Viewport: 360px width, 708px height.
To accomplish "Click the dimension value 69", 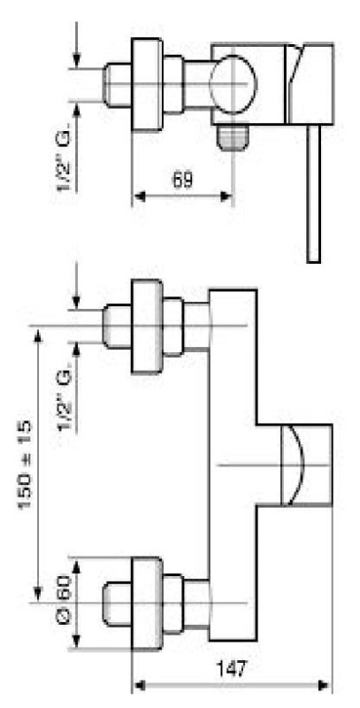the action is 183,181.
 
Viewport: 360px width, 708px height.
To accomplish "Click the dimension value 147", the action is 232,669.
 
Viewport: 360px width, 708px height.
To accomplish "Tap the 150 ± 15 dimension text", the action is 26,466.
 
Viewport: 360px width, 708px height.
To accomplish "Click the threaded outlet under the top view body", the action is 232,138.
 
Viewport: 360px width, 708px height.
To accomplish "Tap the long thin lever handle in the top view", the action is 313,193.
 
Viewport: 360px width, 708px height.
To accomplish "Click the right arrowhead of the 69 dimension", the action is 226,196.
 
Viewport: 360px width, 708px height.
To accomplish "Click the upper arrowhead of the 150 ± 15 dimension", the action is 38,335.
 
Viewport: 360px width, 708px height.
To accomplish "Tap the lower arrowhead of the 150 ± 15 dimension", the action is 38,593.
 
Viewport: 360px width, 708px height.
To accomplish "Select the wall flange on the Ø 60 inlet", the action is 147,604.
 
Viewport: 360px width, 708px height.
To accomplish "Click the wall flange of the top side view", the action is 147,84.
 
